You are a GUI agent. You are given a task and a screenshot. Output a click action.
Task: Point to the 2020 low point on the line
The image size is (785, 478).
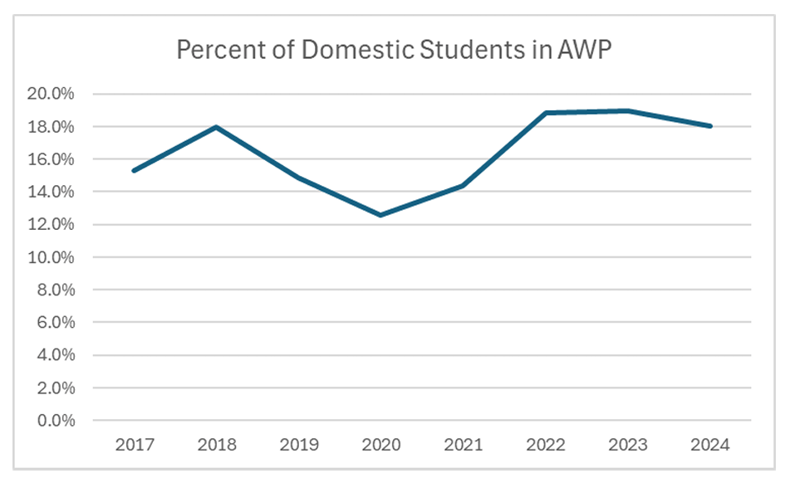coord(380,215)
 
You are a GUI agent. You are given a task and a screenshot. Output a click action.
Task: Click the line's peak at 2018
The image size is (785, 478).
coord(216,127)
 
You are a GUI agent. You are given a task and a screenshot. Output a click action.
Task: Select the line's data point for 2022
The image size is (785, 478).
coord(546,113)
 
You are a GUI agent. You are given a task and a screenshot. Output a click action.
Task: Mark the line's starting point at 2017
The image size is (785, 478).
coord(134,171)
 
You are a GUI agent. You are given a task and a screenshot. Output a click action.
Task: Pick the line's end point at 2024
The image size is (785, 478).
coord(711,126)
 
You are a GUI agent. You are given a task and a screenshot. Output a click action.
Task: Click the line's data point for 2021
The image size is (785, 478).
coord(464,185)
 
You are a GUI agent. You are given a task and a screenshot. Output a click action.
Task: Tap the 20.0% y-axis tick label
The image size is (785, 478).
coord(52,94)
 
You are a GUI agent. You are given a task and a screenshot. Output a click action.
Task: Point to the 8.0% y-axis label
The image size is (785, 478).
coord(55,290)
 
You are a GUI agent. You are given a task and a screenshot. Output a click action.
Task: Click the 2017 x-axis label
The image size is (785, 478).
coord(134,446)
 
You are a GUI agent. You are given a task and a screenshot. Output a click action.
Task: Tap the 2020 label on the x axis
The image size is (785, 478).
coord(380,446)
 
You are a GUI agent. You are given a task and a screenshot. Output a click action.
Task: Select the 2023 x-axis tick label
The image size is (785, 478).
coord(628,446)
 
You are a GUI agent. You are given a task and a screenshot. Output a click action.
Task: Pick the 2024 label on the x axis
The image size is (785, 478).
coord(711,446)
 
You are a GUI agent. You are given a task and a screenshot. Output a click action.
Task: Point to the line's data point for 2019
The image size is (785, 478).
coord(298,178)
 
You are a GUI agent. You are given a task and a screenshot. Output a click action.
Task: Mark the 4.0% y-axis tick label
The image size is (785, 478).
coord(55,355)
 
